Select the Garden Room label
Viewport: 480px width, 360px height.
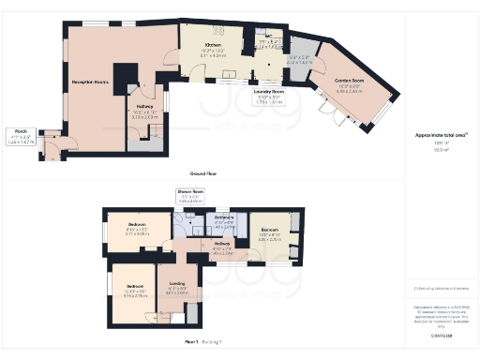(349, 83)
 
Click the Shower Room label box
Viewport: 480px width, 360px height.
(190, 197)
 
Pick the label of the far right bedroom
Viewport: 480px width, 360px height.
(270, 233)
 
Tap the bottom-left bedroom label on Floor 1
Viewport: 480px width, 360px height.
(135, 290)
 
